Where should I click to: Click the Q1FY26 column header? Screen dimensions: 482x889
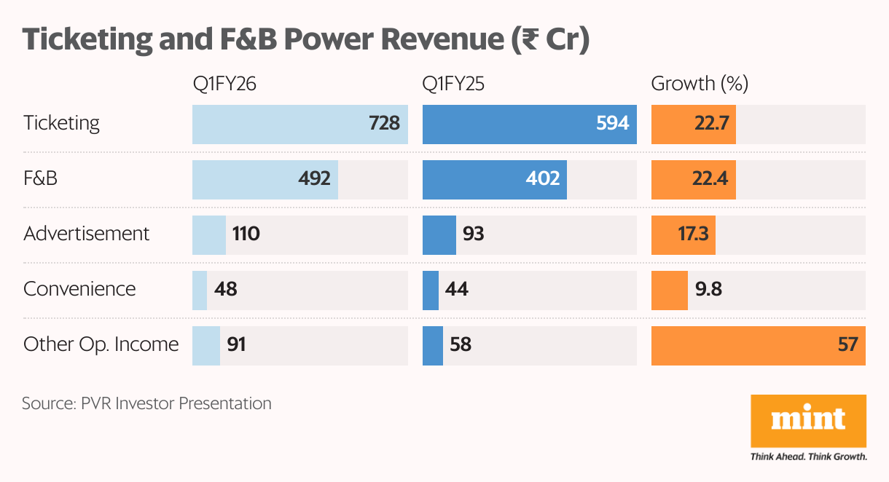(224, 84)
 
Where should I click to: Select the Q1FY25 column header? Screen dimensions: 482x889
(454, 84)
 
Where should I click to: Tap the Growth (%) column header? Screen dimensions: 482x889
(700, 84)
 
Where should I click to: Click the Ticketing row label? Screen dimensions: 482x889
(62, 122)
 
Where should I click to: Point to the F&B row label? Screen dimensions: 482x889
(41, 178)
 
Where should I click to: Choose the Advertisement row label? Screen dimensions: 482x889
(87, 234)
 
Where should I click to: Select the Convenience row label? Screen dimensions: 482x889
(79, 289)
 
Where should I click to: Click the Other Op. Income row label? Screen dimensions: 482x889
(101, 344)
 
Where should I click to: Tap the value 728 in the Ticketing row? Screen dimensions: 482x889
(384, 123)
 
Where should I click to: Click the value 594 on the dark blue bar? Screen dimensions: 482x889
(612, 123)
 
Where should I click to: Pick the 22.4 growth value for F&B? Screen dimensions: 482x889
(710, 178)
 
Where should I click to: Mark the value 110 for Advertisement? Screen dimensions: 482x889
(246, 234)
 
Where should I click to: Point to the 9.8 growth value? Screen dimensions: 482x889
(708, 289)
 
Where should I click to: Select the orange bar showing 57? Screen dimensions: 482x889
(758, 344)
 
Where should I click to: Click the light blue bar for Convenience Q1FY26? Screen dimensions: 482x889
(200, 289)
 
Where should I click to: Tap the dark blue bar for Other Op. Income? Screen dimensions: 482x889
(433, 344)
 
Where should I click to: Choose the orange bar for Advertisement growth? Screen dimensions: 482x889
(683, 234)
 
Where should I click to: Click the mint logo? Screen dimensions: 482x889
(808, 421)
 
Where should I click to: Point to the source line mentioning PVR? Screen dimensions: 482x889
(146, 403)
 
